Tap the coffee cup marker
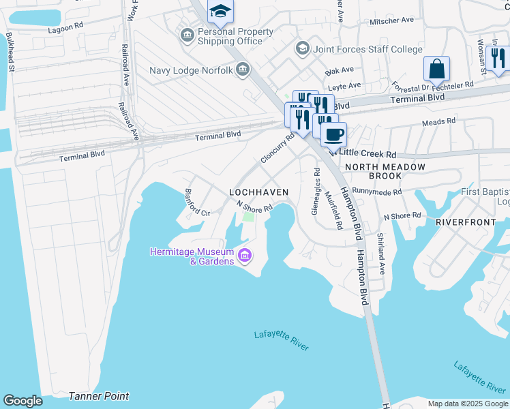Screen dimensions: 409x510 (x=333, y=134)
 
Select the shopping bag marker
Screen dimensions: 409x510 (x=436, y=69)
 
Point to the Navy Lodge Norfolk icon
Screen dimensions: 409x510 (x=242, y=70)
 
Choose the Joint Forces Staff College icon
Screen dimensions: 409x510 (x=301, y=48)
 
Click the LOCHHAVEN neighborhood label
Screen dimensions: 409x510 (x=258, y=193)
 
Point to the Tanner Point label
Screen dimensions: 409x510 (x=98, y=396)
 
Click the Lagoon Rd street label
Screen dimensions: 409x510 (x=66, y=29)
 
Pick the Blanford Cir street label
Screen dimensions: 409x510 (x=197, y=202)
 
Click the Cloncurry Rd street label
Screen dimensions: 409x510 (x=277, y=148)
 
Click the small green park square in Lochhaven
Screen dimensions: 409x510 (x=248, y=217)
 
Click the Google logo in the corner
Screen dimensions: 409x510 (x=22, y=401)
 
